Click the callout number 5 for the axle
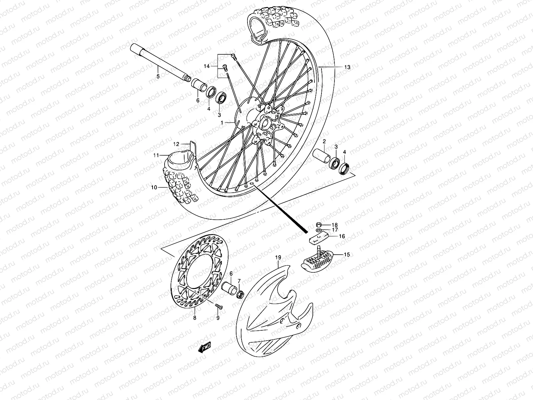(158, 76)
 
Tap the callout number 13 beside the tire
(347, 67)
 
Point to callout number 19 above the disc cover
(278, 257)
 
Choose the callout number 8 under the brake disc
(195, 318)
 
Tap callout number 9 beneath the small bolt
(218, 318)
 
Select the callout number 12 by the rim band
(176, 144)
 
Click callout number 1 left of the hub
(222, 123)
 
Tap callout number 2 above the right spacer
(324, 142)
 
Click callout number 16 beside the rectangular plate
(342, 236)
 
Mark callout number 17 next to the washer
(335, 230)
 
